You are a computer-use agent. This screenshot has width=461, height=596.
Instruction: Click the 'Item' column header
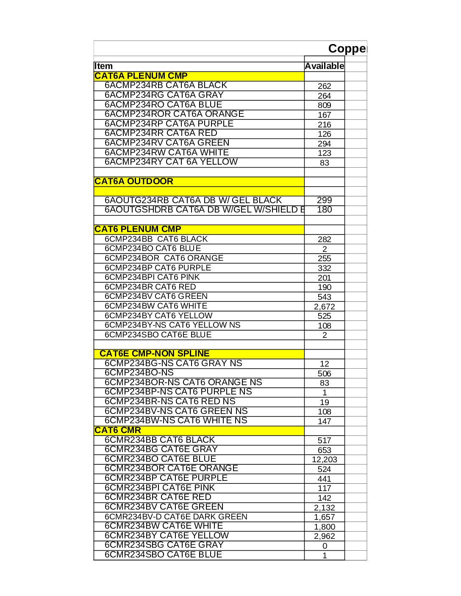coord(104,66)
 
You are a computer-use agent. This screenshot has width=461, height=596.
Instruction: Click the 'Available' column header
coord(324,66)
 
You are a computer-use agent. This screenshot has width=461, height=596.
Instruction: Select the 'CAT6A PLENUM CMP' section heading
coord(141,76)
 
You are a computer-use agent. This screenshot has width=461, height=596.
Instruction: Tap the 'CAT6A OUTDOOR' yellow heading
coord(134,182)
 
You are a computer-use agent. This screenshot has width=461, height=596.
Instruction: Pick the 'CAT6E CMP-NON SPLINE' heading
coord(154,354)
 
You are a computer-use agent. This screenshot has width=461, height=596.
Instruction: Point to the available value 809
coord(324,105)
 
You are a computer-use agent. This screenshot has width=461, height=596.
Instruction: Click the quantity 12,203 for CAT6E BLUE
coord(324,460)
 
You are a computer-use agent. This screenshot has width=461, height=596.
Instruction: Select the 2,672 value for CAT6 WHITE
coord(324,307)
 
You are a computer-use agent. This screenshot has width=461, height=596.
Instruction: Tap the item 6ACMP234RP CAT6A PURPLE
coord(169,124)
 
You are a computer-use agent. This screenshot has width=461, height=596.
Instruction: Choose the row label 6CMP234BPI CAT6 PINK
coord(152,277)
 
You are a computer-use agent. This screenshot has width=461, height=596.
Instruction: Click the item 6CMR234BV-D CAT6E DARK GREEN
coord(176,517)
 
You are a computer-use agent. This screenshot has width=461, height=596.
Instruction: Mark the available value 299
coord(324,201)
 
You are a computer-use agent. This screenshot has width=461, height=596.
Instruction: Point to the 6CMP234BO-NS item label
coord(139,373)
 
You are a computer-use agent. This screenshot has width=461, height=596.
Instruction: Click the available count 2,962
coord(324,536)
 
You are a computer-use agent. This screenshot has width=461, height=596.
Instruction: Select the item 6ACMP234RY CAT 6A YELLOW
coord(171,162)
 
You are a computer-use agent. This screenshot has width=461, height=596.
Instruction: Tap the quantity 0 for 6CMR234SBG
coord(325,546)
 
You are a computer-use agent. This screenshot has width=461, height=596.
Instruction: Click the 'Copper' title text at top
coord(347,49)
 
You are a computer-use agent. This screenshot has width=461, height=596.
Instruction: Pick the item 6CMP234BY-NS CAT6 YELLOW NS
coord(172,325)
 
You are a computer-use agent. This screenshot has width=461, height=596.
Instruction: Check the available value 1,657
coord(324,517)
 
